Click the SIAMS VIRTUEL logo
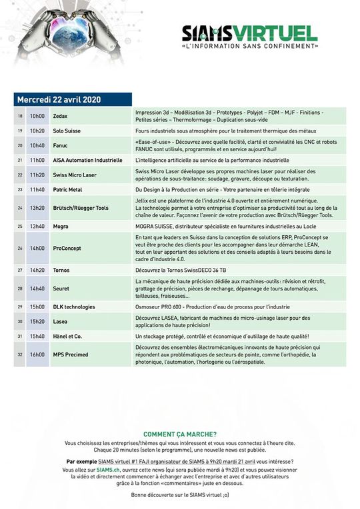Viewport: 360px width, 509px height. (x=249, y=33)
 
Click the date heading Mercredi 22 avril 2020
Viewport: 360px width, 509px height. (x=59, y=99)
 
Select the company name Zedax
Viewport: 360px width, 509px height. (x=61, y=116)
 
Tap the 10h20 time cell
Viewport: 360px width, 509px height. (x=37, y=131)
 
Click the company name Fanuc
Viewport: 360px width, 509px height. (x=61, y=145)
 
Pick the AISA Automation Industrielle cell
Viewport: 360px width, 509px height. (x=87, y=161)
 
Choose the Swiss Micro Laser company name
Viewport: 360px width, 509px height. (x=76, y=175)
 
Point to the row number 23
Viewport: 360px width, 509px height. (x=20, y=190)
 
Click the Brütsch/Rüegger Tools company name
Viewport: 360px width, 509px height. (x=81, y=208)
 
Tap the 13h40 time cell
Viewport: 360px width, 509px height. (x=37, y=226)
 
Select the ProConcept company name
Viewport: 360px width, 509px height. (x=67, y=248)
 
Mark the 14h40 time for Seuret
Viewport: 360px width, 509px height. (x=37, y=288)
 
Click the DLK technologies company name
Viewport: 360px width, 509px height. (x=74, y=306)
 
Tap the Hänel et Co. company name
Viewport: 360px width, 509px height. (x=68, y=336)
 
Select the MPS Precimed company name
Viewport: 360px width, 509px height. (x=71, y=355)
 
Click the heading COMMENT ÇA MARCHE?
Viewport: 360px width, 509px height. (x=180, y=434)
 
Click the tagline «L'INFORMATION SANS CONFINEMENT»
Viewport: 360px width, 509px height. (x=249, y=47)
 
